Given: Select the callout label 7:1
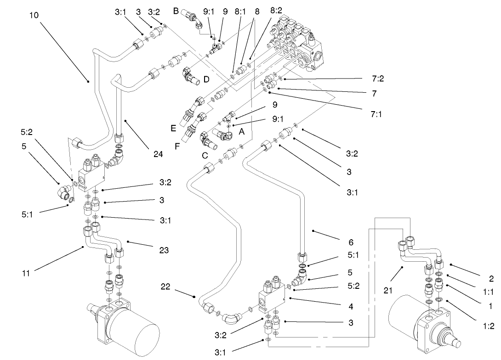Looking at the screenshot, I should [x=376, y=113].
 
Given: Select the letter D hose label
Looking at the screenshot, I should [x=206, y=79].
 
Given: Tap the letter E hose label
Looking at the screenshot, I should [x=173, y=129].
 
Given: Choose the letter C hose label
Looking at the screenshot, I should [x=205, y=155].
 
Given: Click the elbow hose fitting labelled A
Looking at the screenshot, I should [x=225, y=135].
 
